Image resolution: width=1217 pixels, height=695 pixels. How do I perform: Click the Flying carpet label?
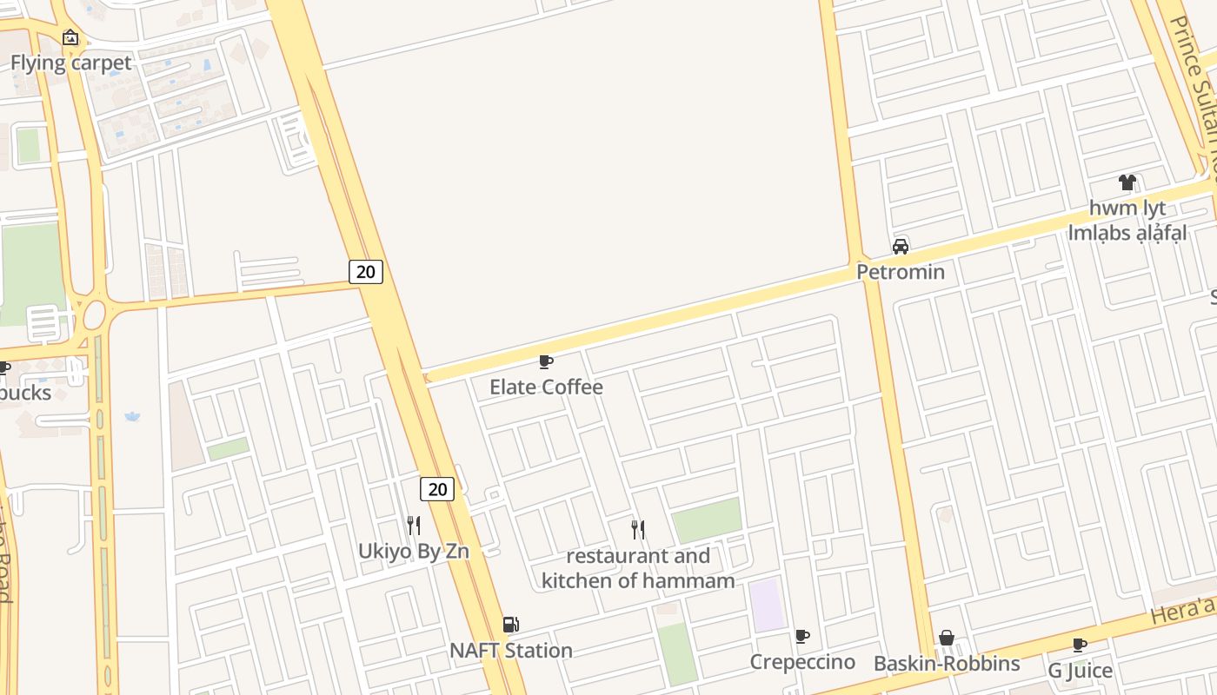click(x=71, y=63)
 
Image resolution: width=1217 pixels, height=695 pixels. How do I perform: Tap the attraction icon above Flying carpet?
click(x=70, y=37)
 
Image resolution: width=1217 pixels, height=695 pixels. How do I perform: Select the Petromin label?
click(x=901, y=272)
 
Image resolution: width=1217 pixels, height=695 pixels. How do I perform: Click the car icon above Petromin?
click(x=901, y=247)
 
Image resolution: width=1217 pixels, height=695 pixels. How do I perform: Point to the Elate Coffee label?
click(x=546, y=387)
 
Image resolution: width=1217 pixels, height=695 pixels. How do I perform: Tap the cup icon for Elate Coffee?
click(x=546, y=361)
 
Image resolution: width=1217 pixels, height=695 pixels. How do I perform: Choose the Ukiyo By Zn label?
click(x=414, y=551)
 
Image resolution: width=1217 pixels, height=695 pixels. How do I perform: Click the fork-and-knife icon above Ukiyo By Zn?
click(x=414, y=526)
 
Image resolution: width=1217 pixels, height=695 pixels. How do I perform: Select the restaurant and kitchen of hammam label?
click(x=638, y=568)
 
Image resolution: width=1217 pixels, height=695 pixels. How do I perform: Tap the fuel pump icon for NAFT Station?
click(x=511, y=625)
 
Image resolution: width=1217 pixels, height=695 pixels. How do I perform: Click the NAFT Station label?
click(x=511, y=650)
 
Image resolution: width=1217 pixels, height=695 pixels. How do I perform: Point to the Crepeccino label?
click(x=802, y=662)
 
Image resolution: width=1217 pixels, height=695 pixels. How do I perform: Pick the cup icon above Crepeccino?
click(x=802, y=637)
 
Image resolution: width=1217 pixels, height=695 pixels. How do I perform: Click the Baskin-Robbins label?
click(x=947, y=664)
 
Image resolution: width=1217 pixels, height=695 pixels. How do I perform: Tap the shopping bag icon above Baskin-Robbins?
click(x=947, y=639)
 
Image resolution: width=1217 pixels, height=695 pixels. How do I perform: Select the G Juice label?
click(x=1080, y=670)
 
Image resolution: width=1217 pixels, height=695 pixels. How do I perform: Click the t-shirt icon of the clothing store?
click(x=1127, y=182)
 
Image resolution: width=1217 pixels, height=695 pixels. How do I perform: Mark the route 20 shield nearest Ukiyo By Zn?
click(x=437, y=489)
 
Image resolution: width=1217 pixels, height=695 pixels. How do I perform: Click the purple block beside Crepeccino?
click(x=768, y=605)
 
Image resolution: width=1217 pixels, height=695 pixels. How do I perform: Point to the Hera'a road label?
click(x=1181, y=612)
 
